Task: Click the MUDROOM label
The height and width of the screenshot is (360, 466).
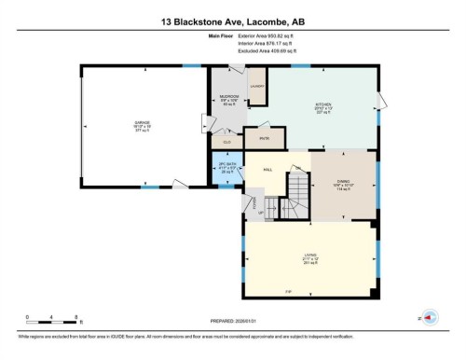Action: (228, 96)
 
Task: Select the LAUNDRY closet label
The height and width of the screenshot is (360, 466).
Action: (256, 86)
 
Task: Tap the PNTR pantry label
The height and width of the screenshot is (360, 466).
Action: (263, 137)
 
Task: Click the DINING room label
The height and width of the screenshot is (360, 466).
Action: (343, 186)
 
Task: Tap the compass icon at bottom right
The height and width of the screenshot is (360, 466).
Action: (430, 317)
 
